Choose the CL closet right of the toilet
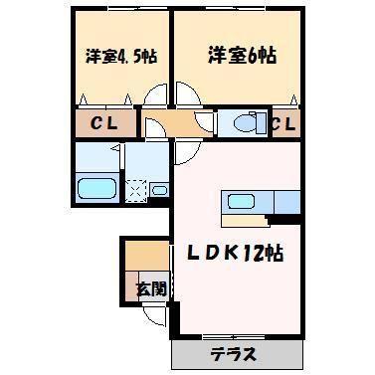click(281, 125)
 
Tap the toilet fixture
click(236, 124)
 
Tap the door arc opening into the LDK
click(184, 155)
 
